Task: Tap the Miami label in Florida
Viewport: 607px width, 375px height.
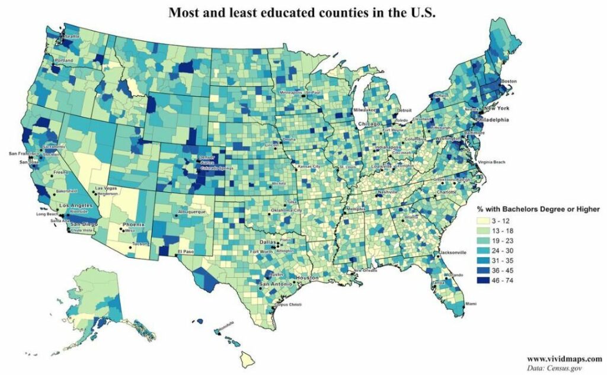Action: tap(470, 304)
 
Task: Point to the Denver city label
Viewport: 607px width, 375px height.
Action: tap(206, 158)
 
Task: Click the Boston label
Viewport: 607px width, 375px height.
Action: tap(509, 81)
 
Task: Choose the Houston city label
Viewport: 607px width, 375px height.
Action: tap(308, 278)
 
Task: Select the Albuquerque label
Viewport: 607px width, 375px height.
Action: tap(191, 211)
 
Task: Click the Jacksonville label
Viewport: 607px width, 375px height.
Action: tap(455, 252)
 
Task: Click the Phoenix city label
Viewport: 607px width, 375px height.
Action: tap(133, 225)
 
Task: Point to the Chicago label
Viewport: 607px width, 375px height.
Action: tap(369, 124)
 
